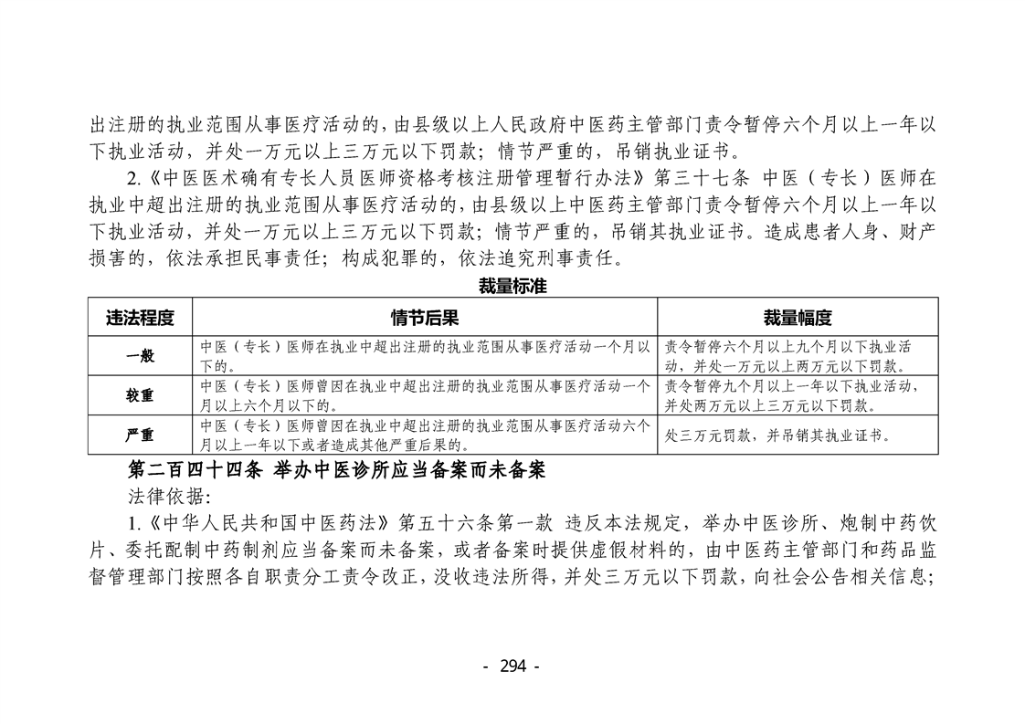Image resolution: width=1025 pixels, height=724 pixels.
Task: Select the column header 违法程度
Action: click(x=140, y=318)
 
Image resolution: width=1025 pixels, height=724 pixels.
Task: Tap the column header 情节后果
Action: click(x=425, y=318)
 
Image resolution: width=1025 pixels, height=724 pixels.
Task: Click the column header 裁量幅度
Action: click(x=798, y=318)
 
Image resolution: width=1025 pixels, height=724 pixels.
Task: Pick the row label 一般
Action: click(x=140, y=356)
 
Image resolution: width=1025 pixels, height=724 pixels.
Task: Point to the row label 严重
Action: click(x=140, y=435)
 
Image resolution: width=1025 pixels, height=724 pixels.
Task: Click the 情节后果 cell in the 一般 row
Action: click(x=425, y=356)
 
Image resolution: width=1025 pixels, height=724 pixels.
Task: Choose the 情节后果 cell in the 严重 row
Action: click(x=425, y=435)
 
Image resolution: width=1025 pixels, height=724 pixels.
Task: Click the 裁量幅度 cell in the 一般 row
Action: click(x=798, y=356)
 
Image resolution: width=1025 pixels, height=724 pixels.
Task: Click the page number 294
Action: click(x=512, y=666)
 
